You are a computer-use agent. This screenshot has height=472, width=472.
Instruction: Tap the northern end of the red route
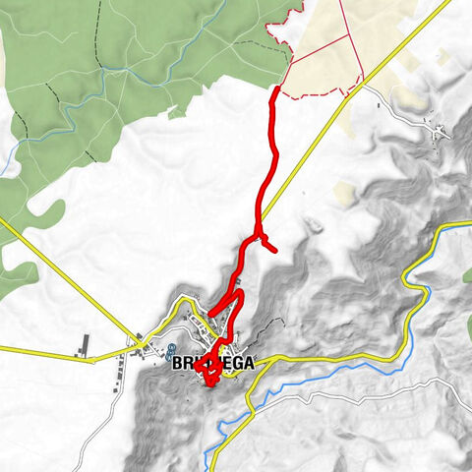coord(277,88)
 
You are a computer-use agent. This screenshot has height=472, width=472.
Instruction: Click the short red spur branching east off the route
coord(269,245)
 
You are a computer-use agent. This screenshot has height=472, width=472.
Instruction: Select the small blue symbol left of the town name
coord(171,350)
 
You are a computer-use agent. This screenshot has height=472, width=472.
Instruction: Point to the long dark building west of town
coord(86,344)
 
